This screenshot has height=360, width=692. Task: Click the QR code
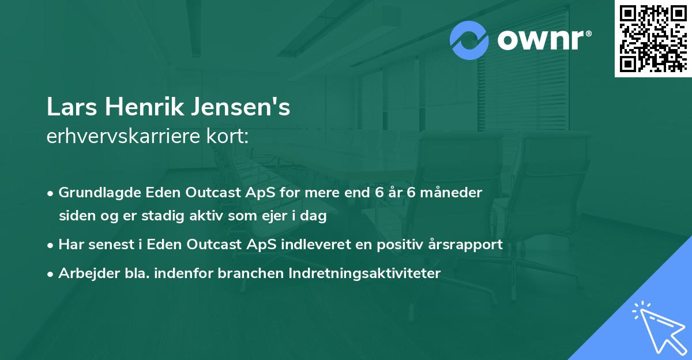tap(652, 38)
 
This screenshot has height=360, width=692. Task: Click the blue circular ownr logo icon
tap(469, 40)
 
